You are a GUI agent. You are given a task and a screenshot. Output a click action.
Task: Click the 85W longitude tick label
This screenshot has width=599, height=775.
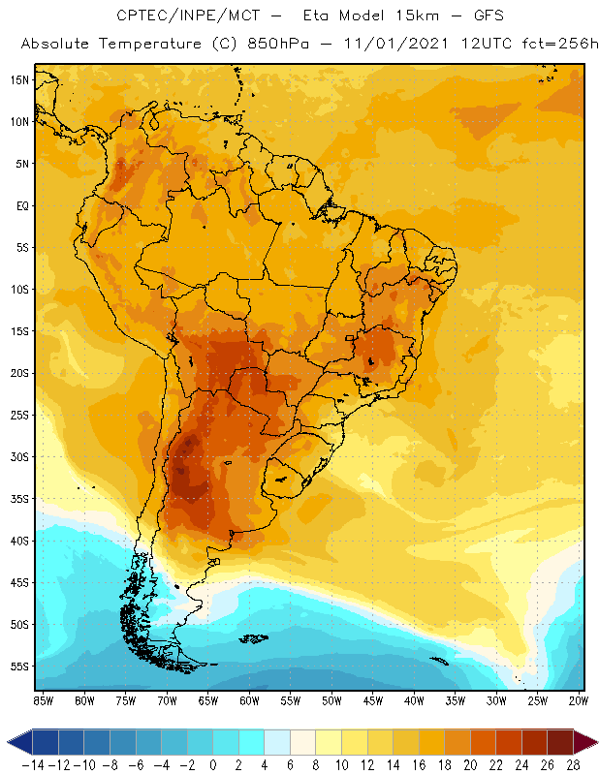(x=43, y=699)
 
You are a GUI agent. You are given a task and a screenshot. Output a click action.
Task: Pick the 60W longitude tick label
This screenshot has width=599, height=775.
(x=249, y=699)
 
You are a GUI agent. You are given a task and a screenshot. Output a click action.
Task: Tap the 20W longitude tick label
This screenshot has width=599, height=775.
(x=579, y=699)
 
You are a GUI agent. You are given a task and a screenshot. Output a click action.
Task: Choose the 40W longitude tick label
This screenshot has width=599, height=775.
(x=414, y=699)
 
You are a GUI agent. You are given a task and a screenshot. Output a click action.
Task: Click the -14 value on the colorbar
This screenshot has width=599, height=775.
(x=34, y=764)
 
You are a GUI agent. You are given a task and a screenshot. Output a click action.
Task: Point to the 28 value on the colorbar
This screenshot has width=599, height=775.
(x=574, y=764)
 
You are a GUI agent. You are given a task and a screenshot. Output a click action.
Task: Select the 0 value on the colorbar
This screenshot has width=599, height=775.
(x=213, y=764)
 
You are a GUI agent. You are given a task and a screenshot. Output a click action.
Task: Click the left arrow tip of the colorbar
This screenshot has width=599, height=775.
(x=9, y=743)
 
